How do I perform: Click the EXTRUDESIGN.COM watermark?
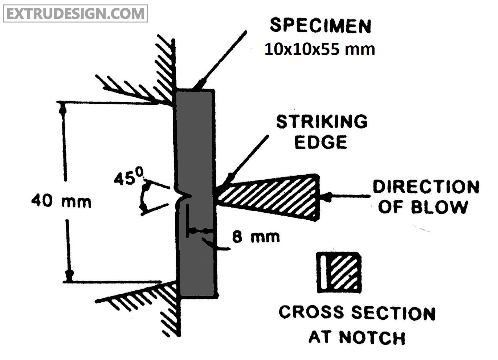click(75, 13)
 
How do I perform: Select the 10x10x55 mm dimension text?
click(319, 49)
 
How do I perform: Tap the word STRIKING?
click(322, 122)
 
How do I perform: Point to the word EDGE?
click(320, 142)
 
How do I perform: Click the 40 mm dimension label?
click(61, 201)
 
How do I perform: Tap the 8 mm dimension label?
click(256, 237)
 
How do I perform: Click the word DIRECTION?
click(426, 187)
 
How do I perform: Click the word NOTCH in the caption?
click(372, 337)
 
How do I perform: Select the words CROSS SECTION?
click(357, 313)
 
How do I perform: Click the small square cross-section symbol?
click(339, 272)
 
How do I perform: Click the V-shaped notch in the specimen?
click(184, 196)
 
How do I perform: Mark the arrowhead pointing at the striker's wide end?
click(326, 197)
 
